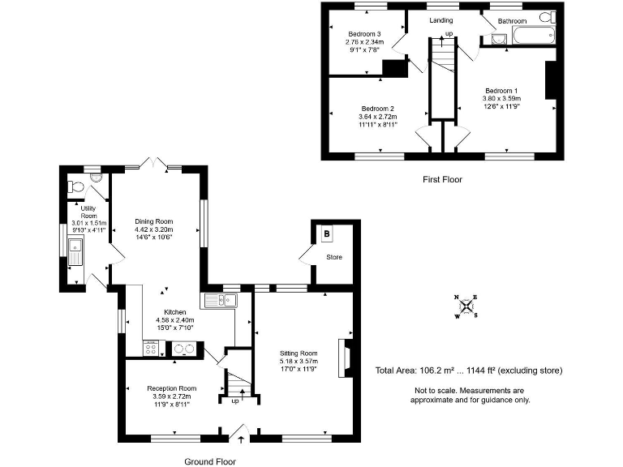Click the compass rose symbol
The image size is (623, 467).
point(466,306)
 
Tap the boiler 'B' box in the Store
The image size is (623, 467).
point(327,234)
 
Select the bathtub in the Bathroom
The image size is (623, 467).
point(531,36)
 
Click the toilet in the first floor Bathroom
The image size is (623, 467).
point(547,17)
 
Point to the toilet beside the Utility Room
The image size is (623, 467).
point(78,186)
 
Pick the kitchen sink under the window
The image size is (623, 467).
point(219,301)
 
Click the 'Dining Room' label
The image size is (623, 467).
point(154,221)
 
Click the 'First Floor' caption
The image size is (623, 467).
point(443,179)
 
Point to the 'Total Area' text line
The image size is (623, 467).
point(468,371)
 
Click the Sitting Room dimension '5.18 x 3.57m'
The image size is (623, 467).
point(299,362)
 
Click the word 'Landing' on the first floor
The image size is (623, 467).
point(441,20)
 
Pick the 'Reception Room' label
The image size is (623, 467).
point(172,388)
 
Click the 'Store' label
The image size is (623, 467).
point(333,258)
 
